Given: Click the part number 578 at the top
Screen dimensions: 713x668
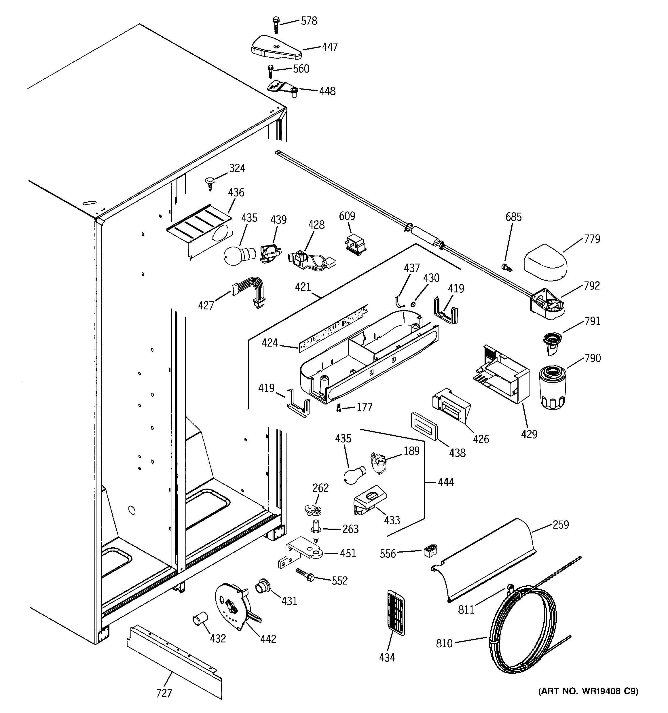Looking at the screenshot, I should pos(309,21).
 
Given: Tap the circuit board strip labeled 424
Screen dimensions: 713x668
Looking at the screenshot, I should pos(333,328).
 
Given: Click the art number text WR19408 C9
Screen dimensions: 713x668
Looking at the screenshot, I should pos(588,691).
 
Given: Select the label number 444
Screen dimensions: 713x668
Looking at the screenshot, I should pos(446,482).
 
